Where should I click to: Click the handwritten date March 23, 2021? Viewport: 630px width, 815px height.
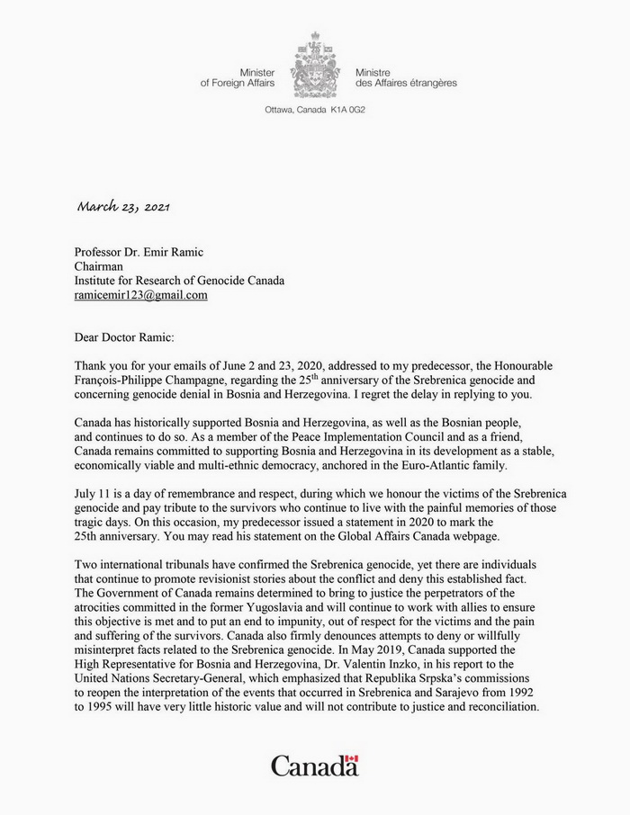tap(123, 206)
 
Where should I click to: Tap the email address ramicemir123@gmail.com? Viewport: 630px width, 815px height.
tap(141, 295)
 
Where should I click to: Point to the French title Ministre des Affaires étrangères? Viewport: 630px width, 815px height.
tap(405, 76)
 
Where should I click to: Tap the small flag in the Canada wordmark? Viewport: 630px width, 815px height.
tap(351, 762)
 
